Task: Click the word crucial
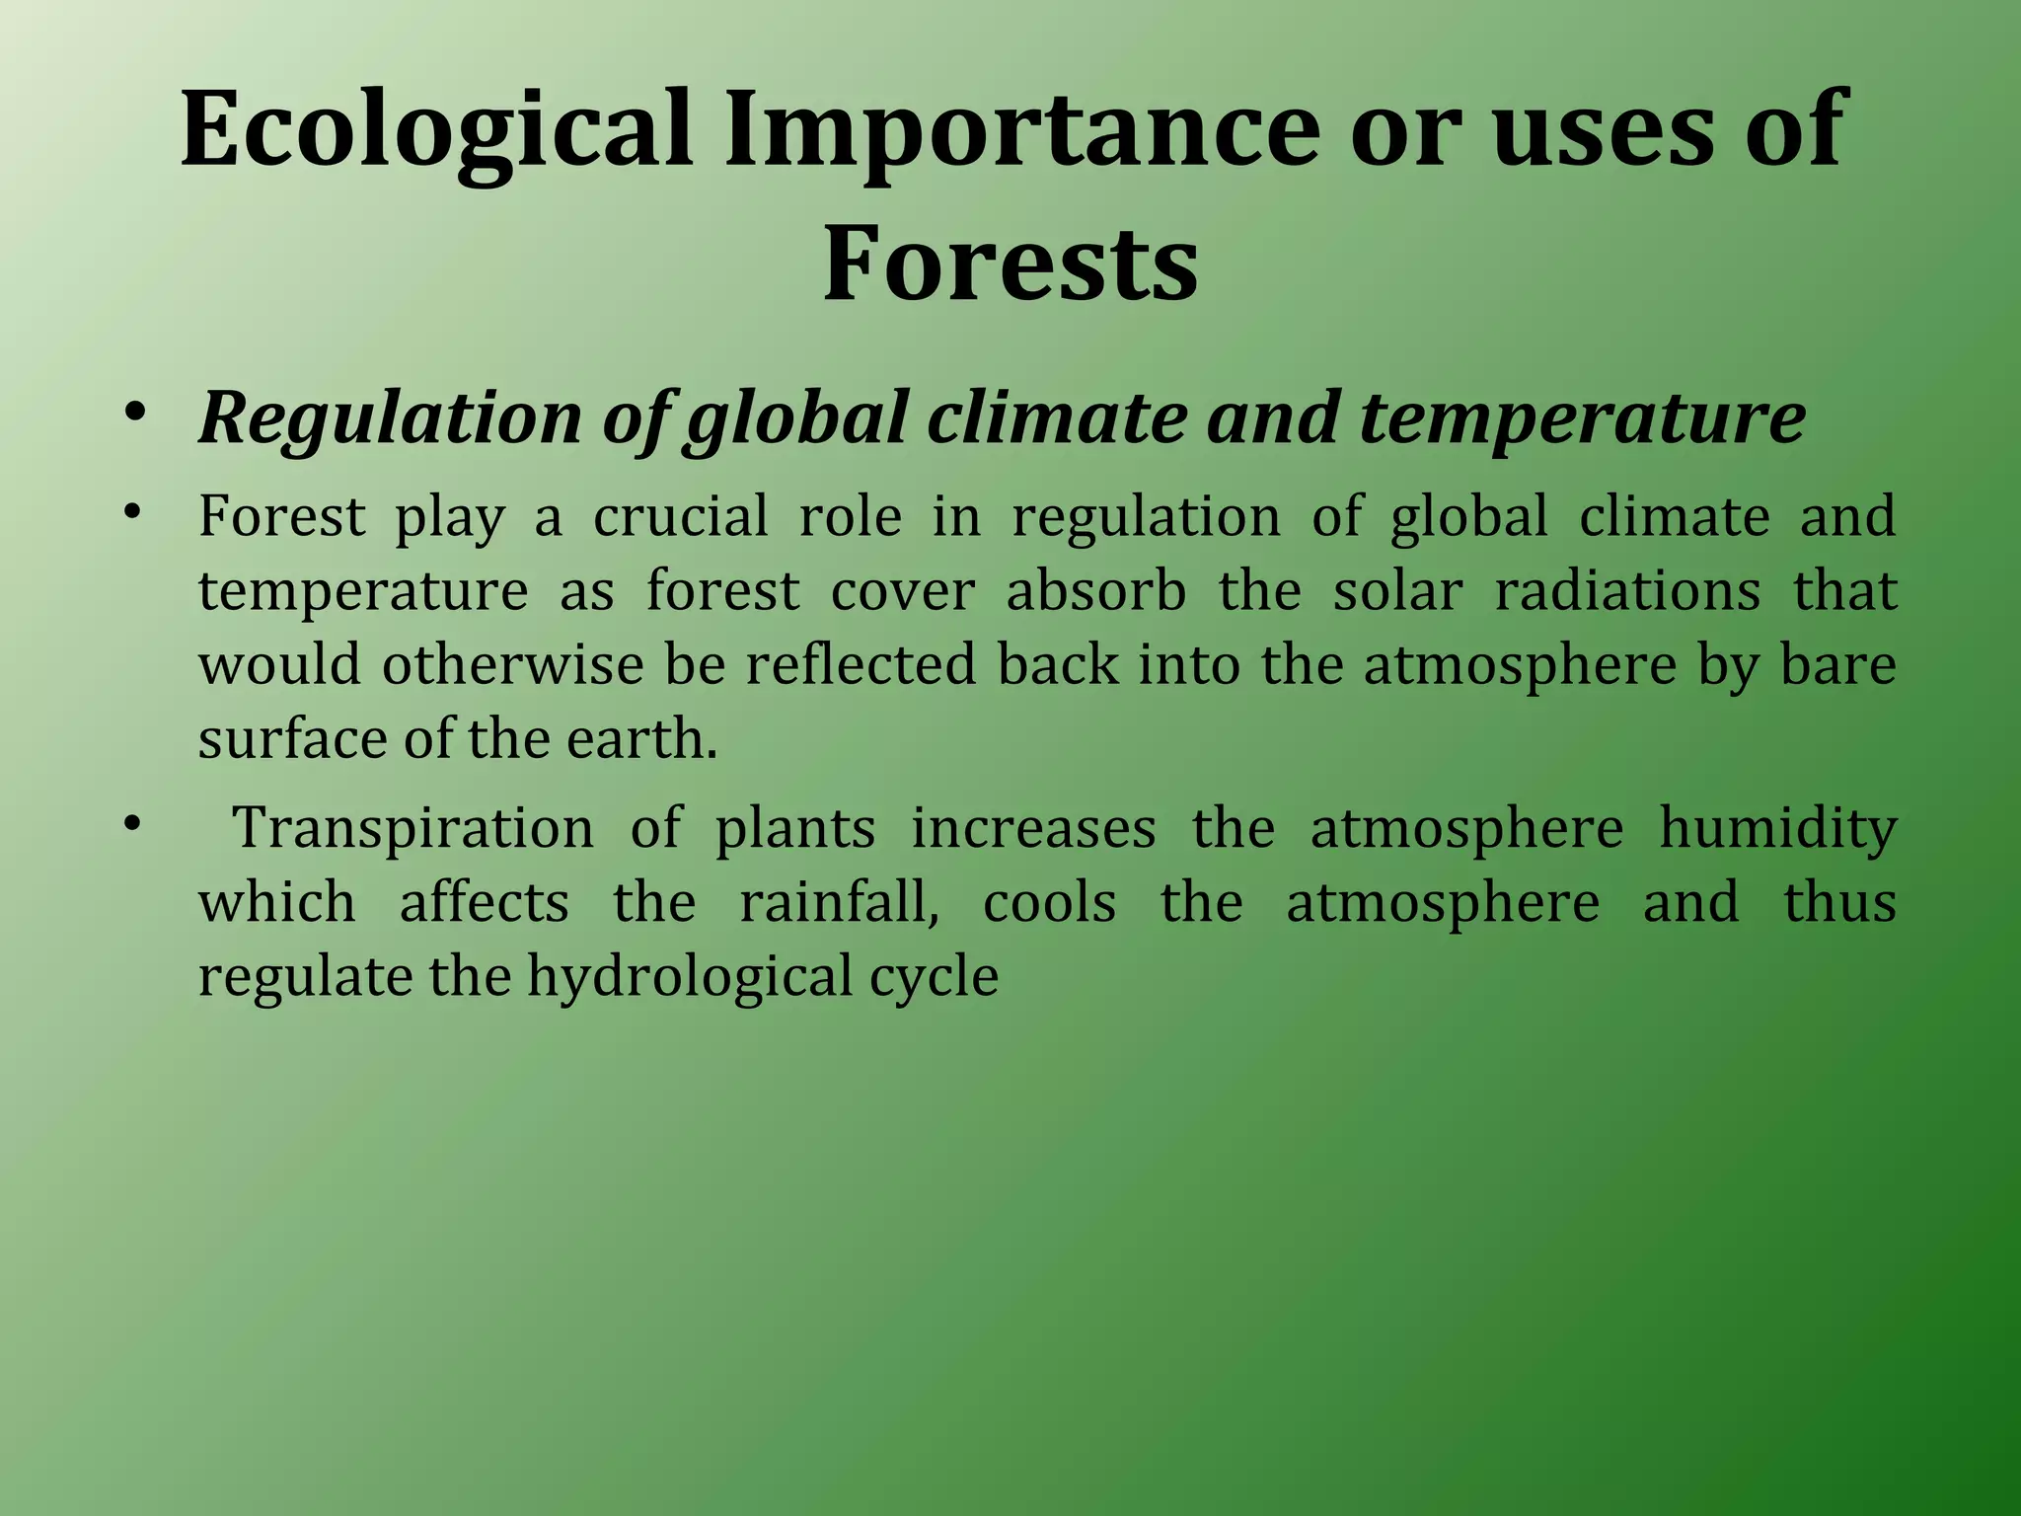tap(680, 517)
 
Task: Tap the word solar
tap(1397, 591)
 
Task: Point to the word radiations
tap(1627, 591)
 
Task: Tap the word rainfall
tap(839, 903)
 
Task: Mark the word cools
tap(1049, 903)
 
